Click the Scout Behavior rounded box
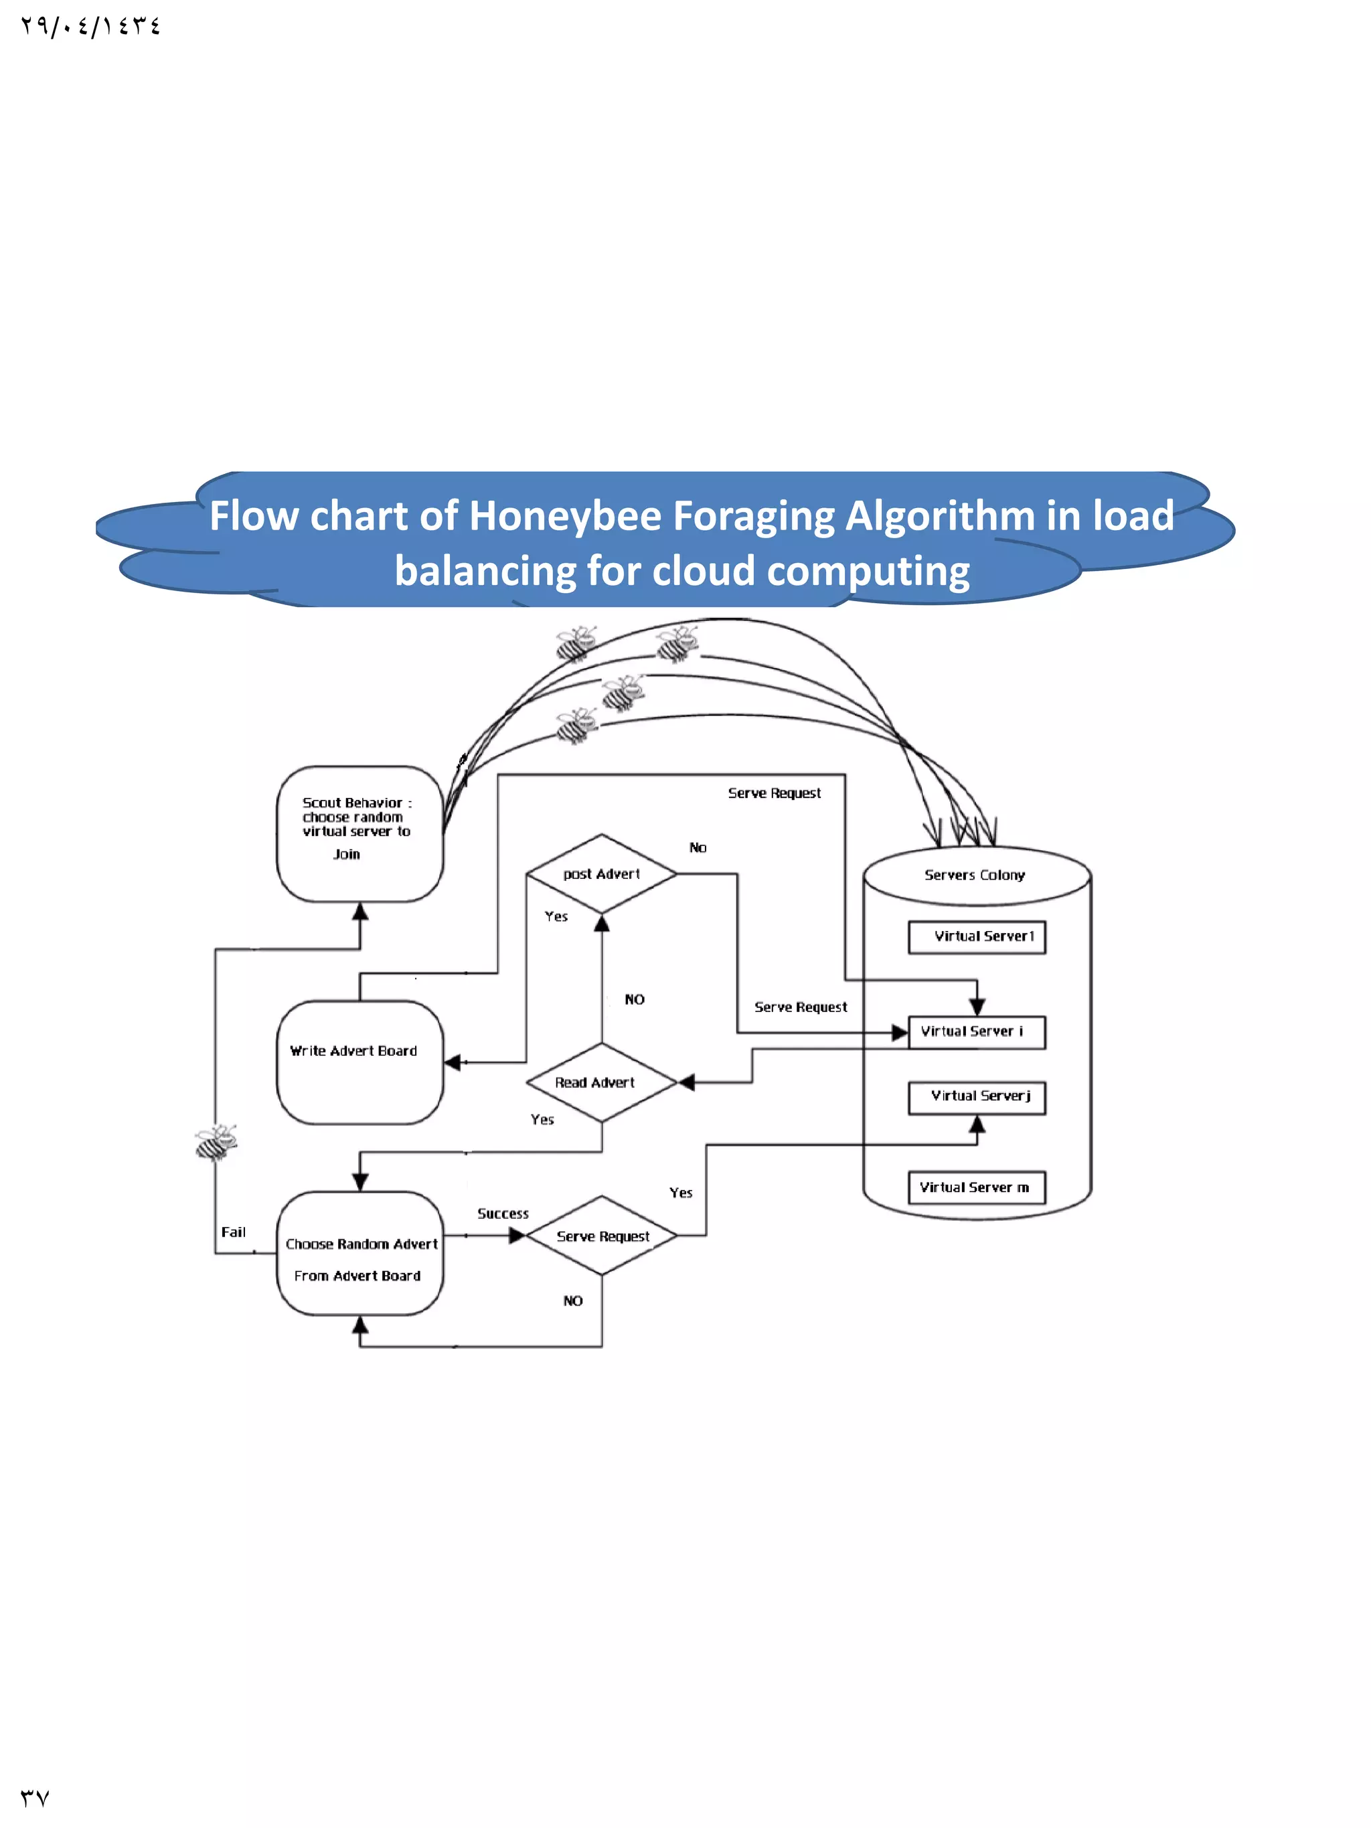tap(359, 833)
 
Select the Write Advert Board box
tap(359, 1062)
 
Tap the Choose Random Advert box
tap(359, 1253)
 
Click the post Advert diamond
tap(602, 874)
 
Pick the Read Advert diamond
tap(602, 1082)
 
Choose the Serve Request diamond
tap(602, 1236)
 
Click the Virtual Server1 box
tap(976, 937)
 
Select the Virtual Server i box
tap(976, 1032)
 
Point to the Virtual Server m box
tap(976, 1187)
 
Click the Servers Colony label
tap(974, 875)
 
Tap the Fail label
tap(233, 1232)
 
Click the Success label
tap(503, 1213)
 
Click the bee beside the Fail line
tap(216, 1142)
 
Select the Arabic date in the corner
tap(91, 27)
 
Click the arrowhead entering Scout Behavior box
tap(360, 912)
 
